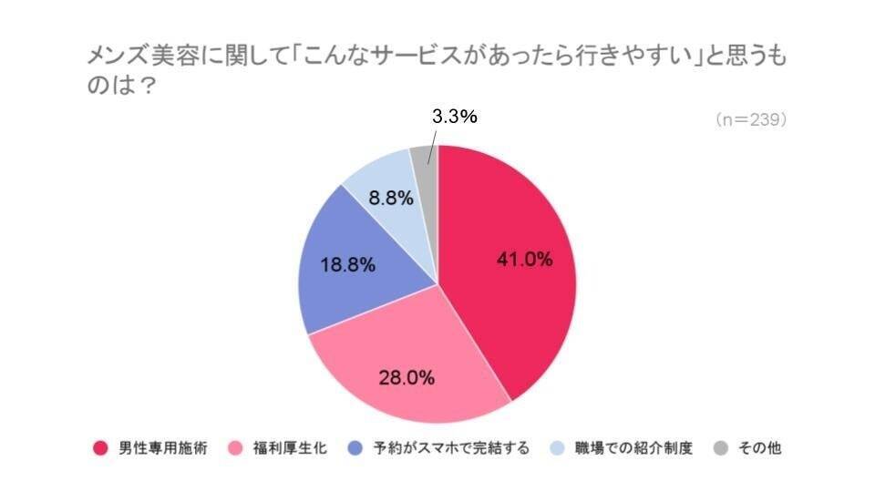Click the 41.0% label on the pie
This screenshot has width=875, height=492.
pos(524,259)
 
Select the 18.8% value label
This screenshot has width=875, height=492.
pos(347,266)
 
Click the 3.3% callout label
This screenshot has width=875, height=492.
pos(454,117)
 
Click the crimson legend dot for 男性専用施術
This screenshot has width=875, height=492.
pos(101,448)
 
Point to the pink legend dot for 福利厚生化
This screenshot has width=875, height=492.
pos(235,448)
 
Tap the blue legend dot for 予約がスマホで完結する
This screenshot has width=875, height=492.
pos(357,448)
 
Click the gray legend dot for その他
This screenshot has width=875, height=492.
pos(722,448)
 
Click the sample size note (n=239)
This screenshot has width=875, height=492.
pos(750,119)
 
